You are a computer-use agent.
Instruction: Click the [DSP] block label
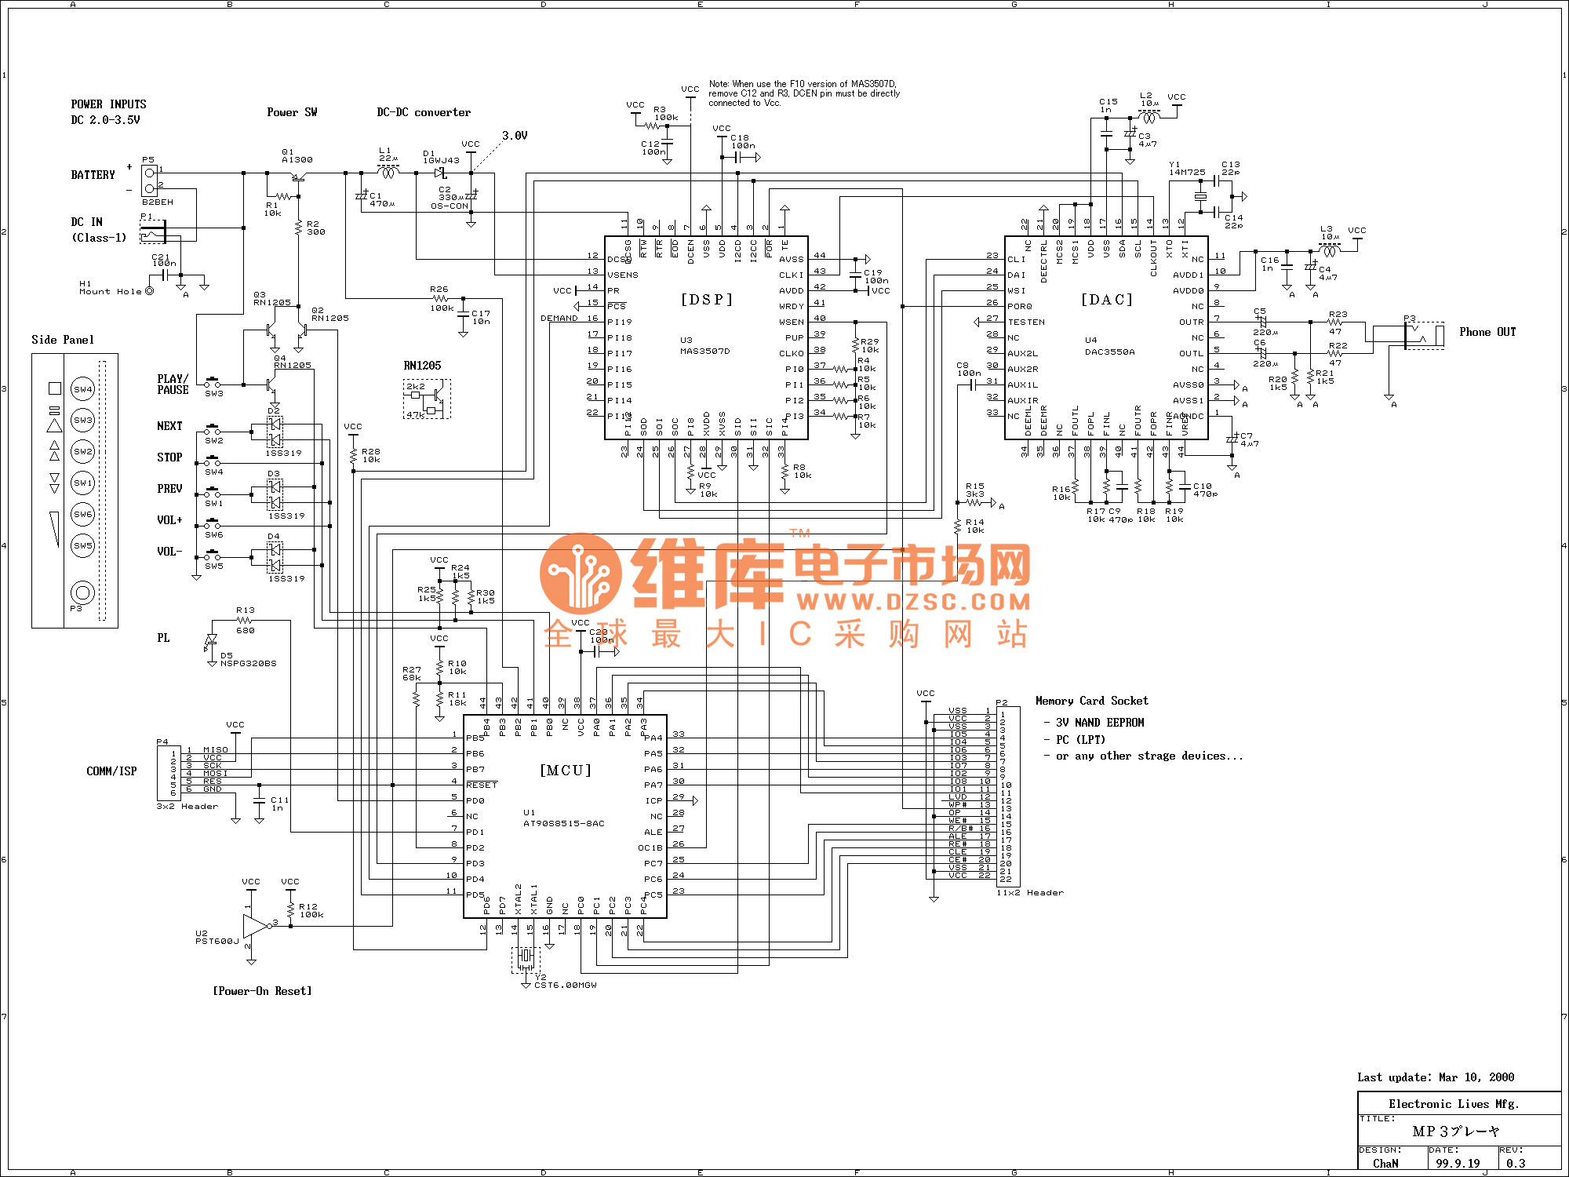click(706, 300)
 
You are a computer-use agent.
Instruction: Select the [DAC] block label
click(1107, 300)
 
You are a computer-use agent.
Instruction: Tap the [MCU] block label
click(566, 771)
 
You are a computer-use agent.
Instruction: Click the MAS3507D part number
click(704, 351)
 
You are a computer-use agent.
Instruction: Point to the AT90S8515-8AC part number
click(564, 823)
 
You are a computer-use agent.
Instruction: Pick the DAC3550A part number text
click(1109, 352)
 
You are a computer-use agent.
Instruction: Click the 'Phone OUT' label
click(1487, 332)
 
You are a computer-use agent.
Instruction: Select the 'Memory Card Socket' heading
click(1091, 701)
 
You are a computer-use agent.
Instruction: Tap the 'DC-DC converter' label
click(424, 112)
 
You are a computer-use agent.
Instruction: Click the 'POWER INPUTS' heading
click(108, 104)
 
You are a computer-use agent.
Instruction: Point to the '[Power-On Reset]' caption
click(262, 991)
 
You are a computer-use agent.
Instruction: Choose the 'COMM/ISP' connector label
click(111, 771)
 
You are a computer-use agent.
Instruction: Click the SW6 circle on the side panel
click(82, 514)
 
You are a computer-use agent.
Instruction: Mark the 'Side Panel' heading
click(63, 340)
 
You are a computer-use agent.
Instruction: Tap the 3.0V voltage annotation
click(515, 136)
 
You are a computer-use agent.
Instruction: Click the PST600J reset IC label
click(217, 941)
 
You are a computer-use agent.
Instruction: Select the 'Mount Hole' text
click(111, 291)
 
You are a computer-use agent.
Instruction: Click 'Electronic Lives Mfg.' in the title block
click(1453, 1104)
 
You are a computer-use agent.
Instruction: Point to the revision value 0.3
click(1516, 1163)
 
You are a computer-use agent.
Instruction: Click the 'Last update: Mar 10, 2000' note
click(1436, 1077)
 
